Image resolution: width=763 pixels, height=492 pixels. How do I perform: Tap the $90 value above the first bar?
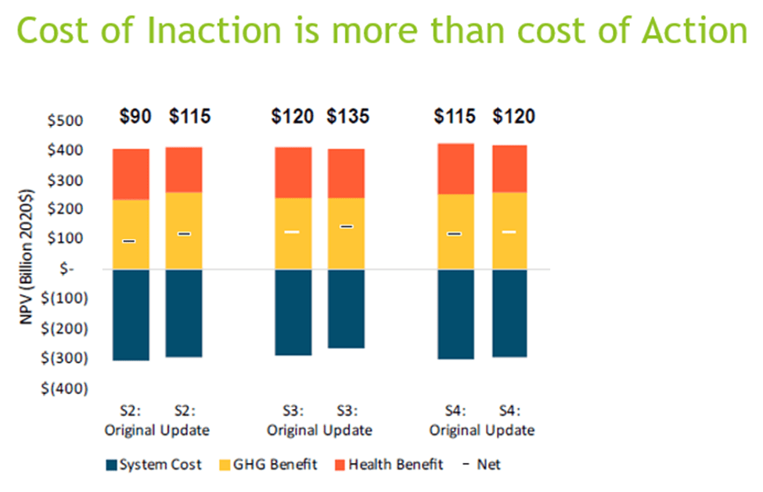pyautogui.click(x=135, y=117)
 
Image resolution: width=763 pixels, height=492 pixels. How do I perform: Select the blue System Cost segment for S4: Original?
pyautogui.click(x=455, y=314)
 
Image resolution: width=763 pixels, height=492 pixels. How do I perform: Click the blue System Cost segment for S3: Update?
pyautogui.click(x=346, y=309)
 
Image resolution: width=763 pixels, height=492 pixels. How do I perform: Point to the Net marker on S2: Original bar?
pyautogui.click(x=129, y=241)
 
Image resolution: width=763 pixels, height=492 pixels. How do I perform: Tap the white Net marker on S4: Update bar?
pyautogui.click(x=509, y=232)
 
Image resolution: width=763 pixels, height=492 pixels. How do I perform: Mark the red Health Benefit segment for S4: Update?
pyautogui.click(x=509, y=168)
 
